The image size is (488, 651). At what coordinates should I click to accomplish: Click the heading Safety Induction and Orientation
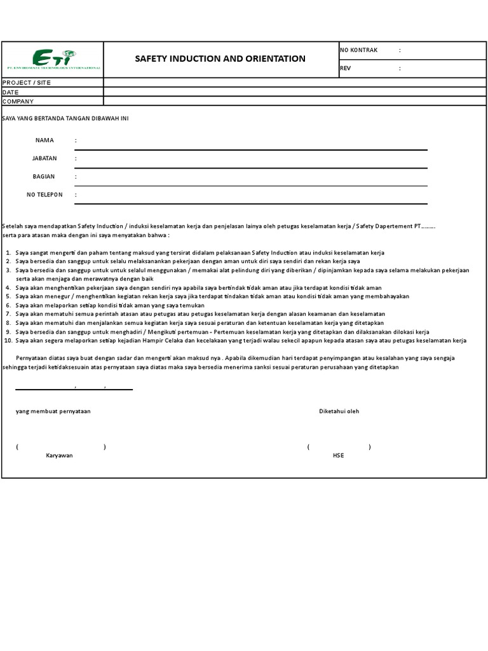pyautogui.click(x=220, y=58)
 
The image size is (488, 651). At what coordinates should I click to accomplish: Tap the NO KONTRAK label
pyautogui.click(x=359, y=50)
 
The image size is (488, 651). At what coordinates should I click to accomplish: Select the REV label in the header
pyautogui.click(x=346, y=68)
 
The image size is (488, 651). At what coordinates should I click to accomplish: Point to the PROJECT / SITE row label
pyautogui.click(x=27, y=83)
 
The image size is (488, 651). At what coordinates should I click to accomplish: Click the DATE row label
pyautogui.click(x=11, y=92)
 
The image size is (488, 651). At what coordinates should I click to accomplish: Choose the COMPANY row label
pyautogui.click(x=18, y=101)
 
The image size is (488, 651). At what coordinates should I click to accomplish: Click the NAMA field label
pyautogui.click(x=44, y=140)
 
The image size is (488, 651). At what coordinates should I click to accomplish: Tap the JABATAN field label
pyautogui.click(x=44, y=158)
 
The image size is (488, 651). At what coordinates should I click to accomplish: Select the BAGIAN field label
pyautogui.click(x=44, y=176)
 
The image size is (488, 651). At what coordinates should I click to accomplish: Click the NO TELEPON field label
pyautogui.click(x=44, y=195)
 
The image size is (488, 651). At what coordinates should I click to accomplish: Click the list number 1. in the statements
pyautogui.click(x=9, y=253)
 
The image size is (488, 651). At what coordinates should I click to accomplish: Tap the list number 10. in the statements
pyautogui.click(x=8, y=340)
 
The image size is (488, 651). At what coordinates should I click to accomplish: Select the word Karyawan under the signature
pyautogui.click(x=59, y=456)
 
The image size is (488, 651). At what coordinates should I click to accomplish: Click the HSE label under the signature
pyautogui.click(x=338, y=456)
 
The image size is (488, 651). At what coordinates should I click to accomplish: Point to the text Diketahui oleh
pyautogui.click(x=339, y=411)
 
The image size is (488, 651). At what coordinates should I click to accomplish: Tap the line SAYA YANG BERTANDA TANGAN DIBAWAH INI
pyautogui.click(x=65, y=119)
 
